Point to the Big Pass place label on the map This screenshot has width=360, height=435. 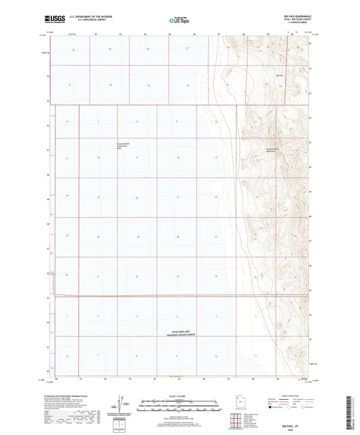click(280, 75)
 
